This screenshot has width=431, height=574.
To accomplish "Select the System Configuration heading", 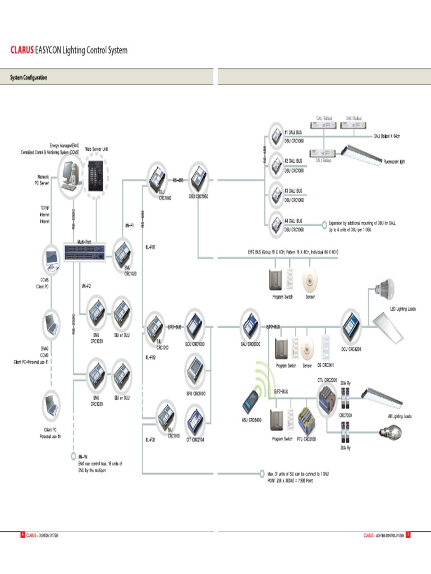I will tap(29, 78).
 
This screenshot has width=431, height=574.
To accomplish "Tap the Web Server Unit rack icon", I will tap(97, 173).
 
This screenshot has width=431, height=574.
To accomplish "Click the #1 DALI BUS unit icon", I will tap(277, 135).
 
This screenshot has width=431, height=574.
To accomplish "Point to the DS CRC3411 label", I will tap(327, 365).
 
